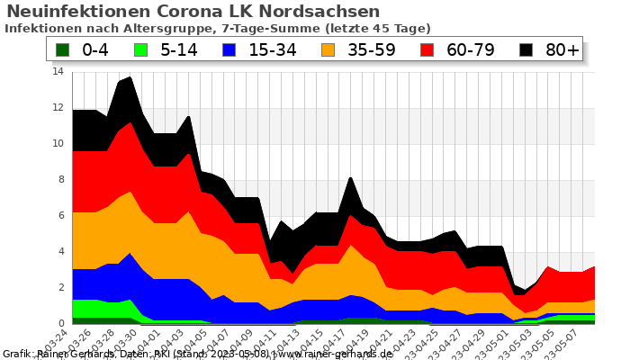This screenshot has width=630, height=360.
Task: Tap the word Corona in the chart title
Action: coord(191,12)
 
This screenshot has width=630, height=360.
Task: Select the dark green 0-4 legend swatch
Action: coord(63,49)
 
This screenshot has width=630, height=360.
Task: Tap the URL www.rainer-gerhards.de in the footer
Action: coord(333,354)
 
